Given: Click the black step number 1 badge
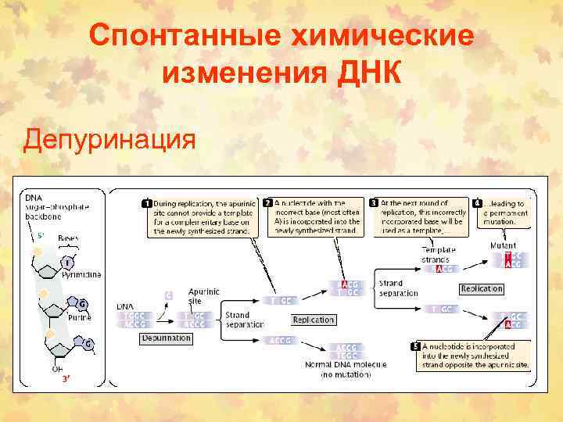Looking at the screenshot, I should tap(146, 204).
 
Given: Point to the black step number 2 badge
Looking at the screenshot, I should tap(269, 202).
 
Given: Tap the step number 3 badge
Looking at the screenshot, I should tap(375, 202).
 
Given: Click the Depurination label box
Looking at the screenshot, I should tap(167, 338).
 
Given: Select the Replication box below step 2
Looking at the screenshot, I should tap(313, 320).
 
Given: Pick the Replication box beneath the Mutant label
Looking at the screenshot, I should tap(481, 288).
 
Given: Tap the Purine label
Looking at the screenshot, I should tap(79, 317).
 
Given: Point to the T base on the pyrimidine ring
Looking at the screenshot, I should tap(68, 263).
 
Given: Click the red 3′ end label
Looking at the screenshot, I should tap(66, 378).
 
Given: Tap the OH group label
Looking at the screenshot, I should tap(57, 369).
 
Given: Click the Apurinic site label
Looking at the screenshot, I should tap(203, 295).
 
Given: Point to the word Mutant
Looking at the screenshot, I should tap(503, 245).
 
